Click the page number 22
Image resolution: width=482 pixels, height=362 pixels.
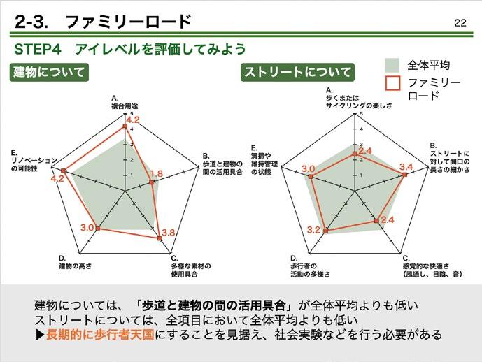[460, 22]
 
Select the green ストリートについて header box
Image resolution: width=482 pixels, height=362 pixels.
[297, 72]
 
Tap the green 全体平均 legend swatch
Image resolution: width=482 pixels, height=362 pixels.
[392, 65]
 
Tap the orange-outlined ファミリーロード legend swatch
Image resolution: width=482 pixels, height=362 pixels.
[392, 83]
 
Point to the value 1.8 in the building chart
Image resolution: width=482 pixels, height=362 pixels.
[157, 174]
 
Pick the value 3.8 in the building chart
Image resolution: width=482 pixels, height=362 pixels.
[169, 233]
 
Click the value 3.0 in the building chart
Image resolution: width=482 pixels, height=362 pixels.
[87, 228]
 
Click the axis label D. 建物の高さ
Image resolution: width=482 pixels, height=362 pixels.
[78, 263]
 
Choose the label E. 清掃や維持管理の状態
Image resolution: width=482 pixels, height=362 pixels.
[264, 159]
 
